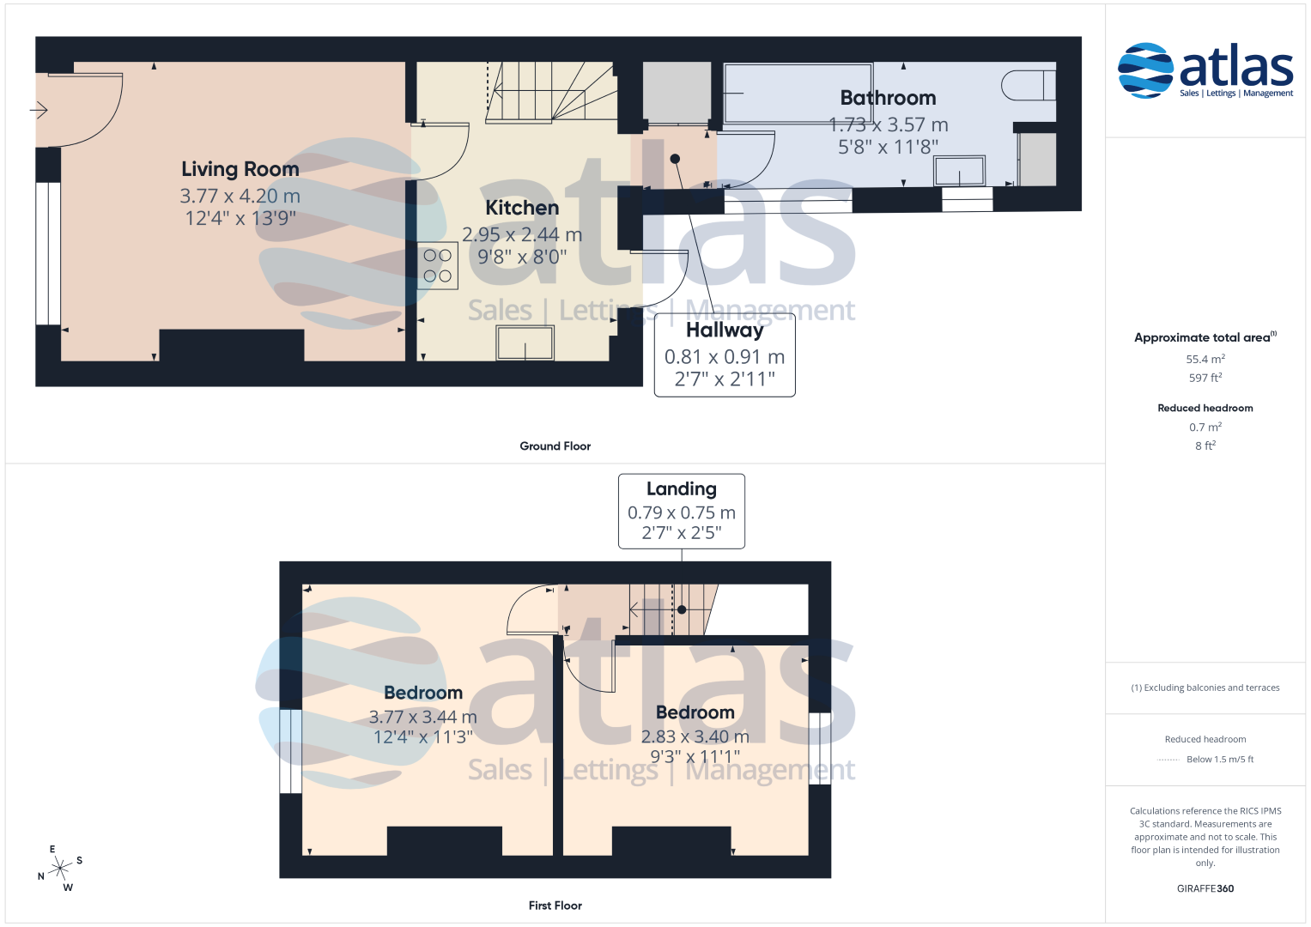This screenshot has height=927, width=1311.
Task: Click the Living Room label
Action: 240,169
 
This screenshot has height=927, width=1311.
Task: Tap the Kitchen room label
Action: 522,208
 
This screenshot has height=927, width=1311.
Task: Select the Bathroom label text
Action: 888,98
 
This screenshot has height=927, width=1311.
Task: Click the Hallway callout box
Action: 725,355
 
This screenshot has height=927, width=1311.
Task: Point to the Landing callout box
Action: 681,512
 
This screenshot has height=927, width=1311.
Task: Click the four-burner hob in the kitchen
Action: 437,266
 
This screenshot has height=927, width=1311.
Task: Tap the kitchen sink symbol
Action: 525,343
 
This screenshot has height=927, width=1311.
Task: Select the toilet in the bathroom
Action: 1029,86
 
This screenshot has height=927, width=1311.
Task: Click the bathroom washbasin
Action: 960,171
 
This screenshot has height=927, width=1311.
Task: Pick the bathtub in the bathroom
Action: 798,94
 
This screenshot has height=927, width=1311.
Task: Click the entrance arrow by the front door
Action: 39,110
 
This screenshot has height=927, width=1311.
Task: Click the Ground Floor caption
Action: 555,446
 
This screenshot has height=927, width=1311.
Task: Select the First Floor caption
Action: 555,906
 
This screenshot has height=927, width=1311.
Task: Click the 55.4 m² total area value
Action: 1205,359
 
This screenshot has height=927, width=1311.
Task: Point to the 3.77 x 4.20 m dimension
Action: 240,196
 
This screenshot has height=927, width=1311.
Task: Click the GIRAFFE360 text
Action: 1205,888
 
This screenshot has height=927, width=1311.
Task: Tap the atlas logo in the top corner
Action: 1205,70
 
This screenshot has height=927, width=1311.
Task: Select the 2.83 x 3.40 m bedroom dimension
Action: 695,736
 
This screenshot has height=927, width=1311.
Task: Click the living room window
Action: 48,253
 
